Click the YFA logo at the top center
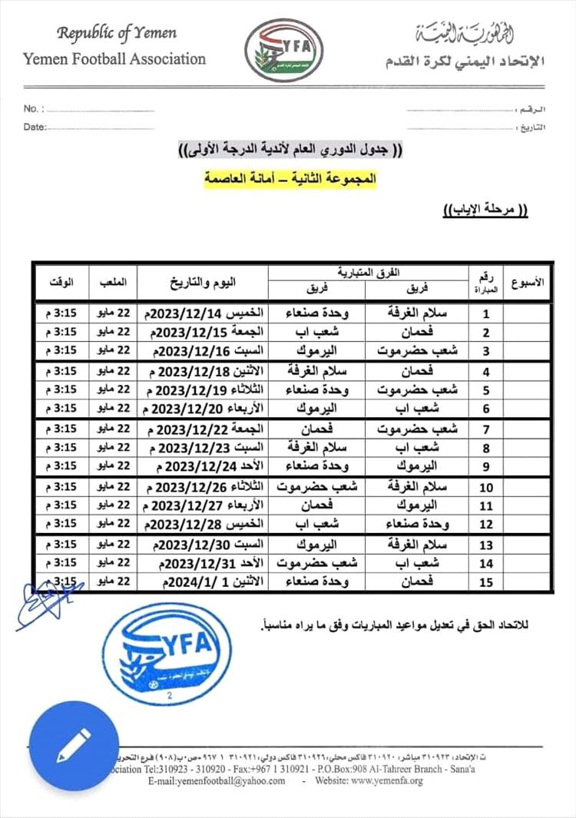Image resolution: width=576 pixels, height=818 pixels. [x=279, y=50]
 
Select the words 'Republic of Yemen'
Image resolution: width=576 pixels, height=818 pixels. [x=117, y=33]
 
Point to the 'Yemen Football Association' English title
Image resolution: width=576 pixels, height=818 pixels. [x=114, y=58]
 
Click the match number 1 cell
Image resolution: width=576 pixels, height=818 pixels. [x=485, y=313]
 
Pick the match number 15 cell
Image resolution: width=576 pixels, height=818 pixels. [x=485, y=582]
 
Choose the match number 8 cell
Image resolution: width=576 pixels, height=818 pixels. [x=485, y=447]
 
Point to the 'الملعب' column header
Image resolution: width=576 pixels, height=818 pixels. [x=113, y=282]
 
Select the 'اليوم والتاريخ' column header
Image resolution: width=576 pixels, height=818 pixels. [x=202, y=282]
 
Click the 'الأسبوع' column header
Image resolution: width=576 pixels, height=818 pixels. [x=526, y=282]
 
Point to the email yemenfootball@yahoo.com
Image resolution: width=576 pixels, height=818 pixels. [x=217, y=781]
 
